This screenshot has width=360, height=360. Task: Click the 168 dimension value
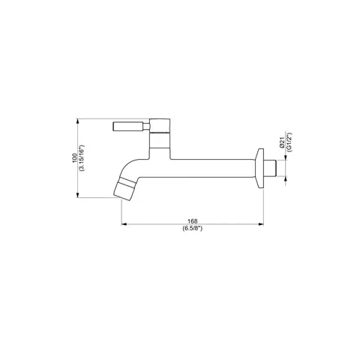[192, 221]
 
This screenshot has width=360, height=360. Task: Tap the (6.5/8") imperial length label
[192, 228]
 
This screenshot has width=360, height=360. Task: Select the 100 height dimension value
[75, 158]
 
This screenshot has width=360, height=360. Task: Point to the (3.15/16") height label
[82, 158]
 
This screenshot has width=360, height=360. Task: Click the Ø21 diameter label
[282, 143]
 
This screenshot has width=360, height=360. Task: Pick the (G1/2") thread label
[289, 142]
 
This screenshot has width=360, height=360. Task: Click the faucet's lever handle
[131, 126]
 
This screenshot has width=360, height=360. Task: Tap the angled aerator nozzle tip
[124, 189]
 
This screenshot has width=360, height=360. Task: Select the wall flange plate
[259, 168]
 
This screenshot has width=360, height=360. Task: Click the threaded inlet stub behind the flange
[270, 168]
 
